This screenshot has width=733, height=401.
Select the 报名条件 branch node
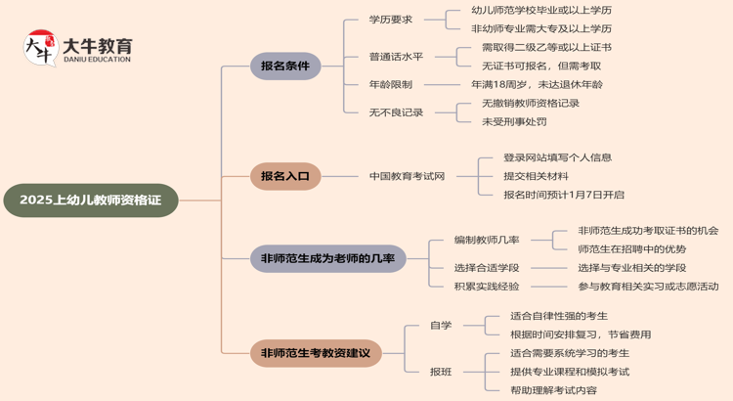coord(284,67)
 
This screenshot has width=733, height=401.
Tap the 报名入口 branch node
coord(284,177)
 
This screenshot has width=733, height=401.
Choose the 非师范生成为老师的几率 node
coord(327,258)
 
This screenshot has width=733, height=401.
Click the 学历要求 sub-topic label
coord(391,20)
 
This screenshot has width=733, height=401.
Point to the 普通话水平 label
coord(397,57)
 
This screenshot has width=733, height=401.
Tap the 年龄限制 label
coord(391,85)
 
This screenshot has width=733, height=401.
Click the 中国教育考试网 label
coord(407,177)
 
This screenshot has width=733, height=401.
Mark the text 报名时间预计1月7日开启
coord(563,195)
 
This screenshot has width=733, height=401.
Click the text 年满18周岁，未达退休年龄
coord(538,85)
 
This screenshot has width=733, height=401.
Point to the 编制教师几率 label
coord(487,240)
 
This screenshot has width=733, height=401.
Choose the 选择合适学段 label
coord(487,268)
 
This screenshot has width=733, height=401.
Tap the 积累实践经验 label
coord(487,287)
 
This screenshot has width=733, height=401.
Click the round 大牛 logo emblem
coord(39,48)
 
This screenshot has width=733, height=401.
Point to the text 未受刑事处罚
coord(514,122)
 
